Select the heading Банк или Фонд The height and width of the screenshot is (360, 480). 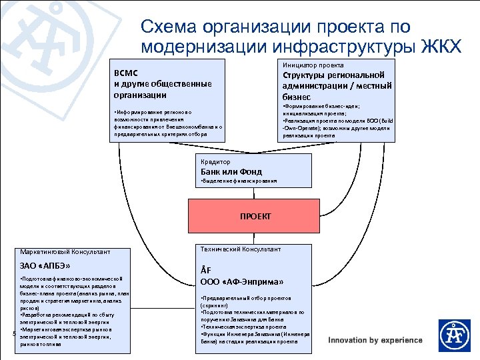[231, 171]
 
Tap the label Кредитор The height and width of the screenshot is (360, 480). [215, 161]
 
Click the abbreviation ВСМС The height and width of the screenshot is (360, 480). [125, 73]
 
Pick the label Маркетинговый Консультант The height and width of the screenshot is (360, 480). [65, 252]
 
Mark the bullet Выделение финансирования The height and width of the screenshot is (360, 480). [238, 181]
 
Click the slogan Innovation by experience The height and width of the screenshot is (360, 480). [375, 340]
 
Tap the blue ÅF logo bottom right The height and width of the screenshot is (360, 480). [454, 335]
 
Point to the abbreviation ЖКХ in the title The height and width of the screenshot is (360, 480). [441, 46]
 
